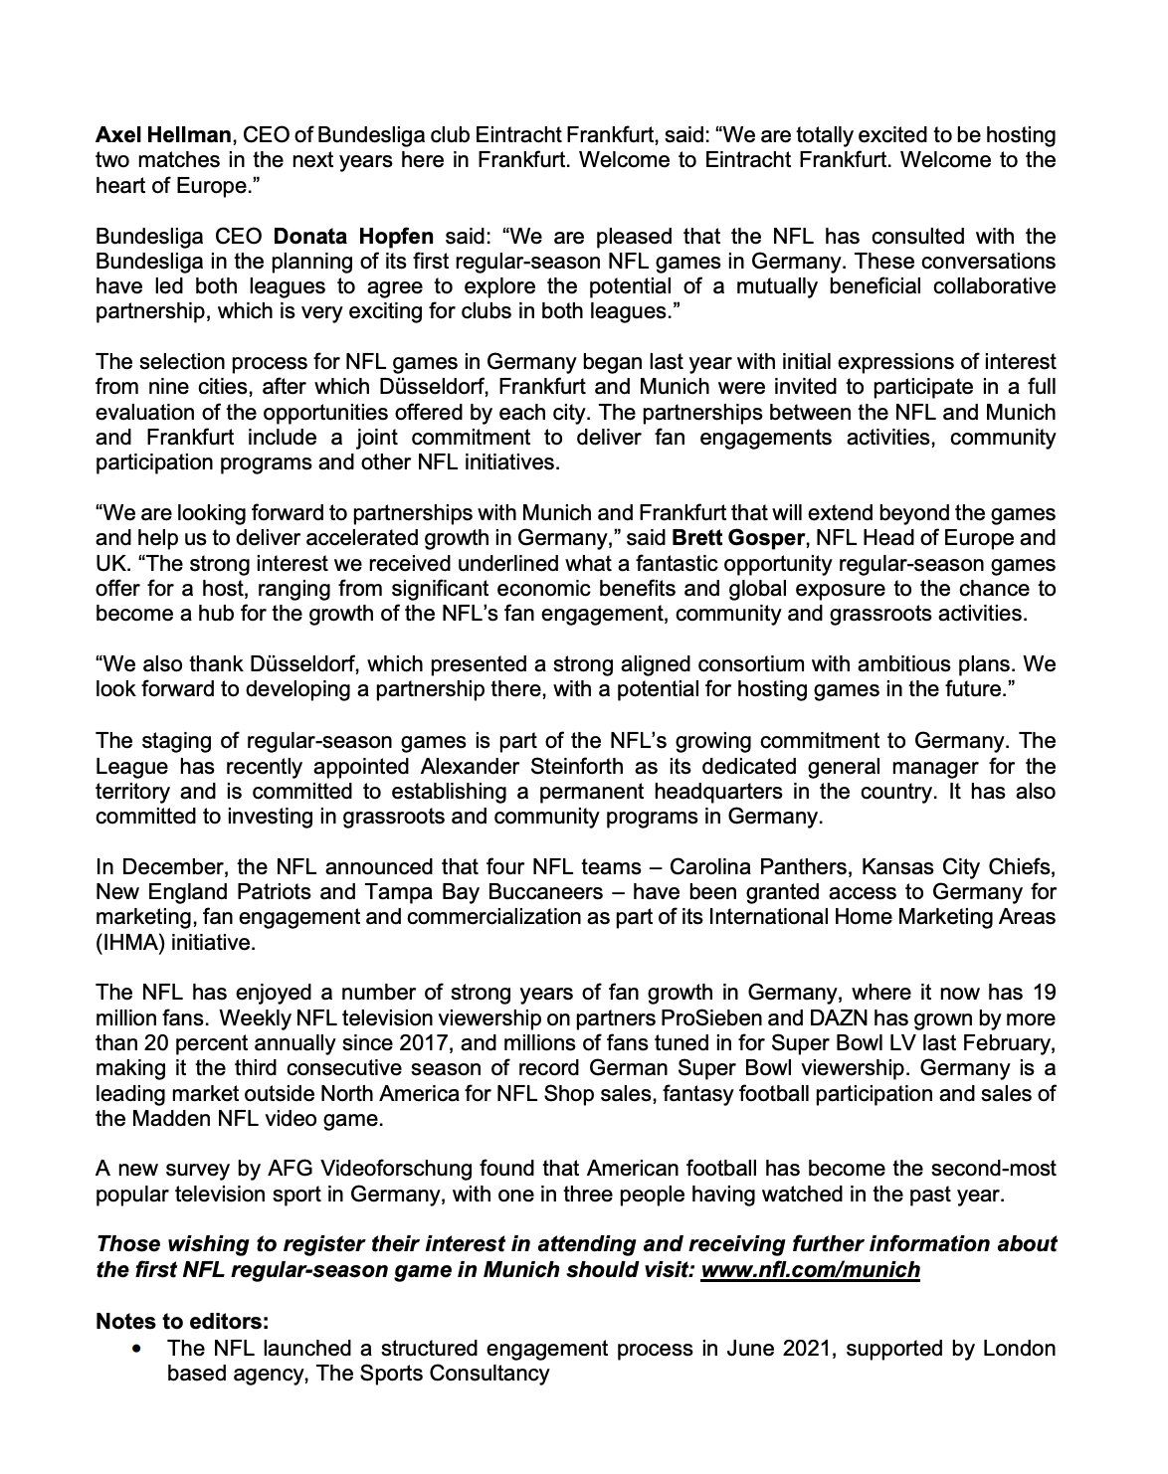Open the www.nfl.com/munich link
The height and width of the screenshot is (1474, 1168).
[810, 1270]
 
